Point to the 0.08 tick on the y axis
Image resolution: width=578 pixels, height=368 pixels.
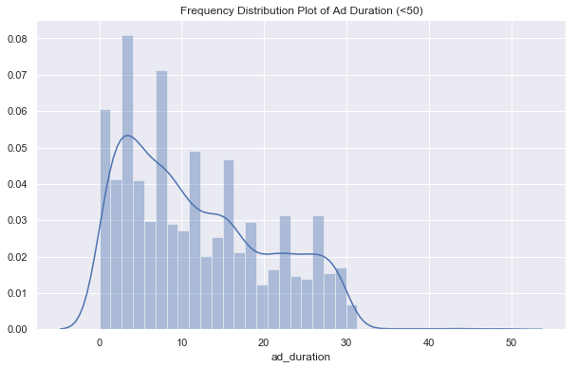(17, 39)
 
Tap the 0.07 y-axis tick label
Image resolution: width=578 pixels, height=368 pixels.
(17, 75)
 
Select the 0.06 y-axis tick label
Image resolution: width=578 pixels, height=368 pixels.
(17, 111)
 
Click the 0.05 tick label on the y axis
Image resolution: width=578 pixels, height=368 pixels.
(17, 148)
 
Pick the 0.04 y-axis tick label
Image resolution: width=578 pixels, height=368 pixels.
(17, 184)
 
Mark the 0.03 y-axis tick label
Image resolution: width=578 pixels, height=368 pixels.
(17, 220)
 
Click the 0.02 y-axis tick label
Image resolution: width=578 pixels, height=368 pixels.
(17, 257)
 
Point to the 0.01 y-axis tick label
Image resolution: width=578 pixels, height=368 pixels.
(17, 293)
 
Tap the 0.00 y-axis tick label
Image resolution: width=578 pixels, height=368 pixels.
(17, 329)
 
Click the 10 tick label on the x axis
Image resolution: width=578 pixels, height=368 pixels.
(182, 341)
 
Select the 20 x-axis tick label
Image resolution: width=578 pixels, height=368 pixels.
(265, 341)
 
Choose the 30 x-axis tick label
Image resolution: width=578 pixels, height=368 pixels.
(347, 341)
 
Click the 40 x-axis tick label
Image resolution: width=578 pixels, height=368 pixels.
(429, 341)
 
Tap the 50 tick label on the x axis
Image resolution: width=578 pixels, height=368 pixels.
(512, 341)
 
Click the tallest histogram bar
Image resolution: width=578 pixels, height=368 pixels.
(127, 190)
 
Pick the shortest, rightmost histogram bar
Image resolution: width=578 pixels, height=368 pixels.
(352, 318)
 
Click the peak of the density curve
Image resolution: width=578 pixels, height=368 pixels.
(127, 136)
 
